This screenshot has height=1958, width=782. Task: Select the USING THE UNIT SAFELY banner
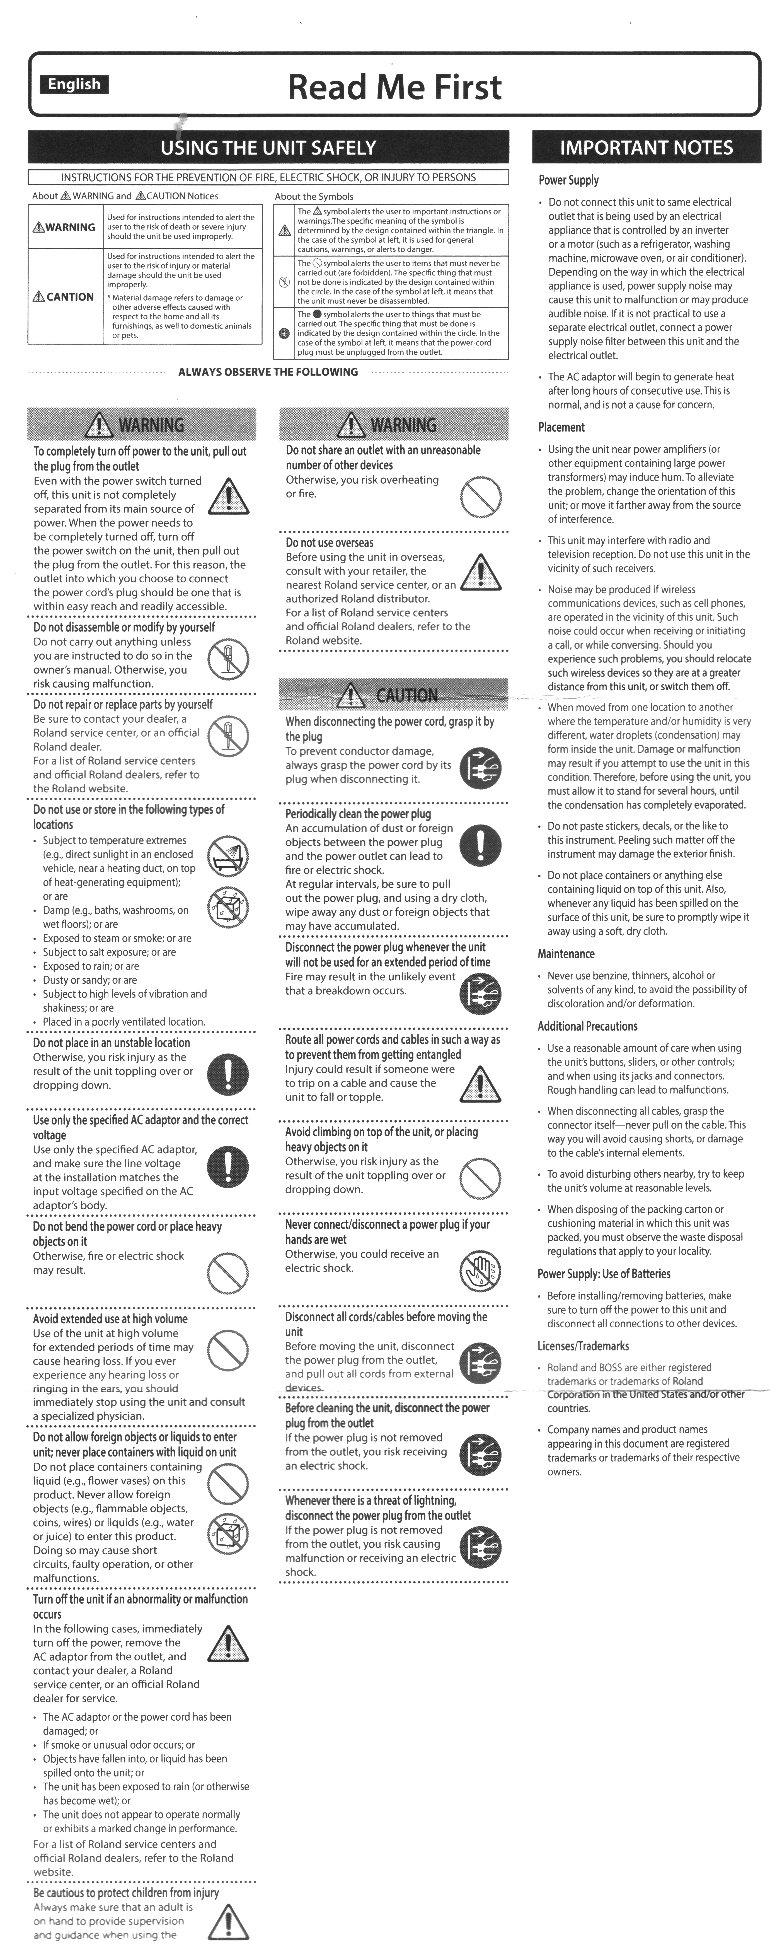268,148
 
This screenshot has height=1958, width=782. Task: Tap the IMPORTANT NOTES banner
646,148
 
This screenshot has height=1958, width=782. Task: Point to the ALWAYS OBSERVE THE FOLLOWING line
268,372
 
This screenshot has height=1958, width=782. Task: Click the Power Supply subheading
568,180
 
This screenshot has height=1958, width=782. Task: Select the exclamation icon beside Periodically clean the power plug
480,845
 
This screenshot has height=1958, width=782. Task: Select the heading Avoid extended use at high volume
110,1319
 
